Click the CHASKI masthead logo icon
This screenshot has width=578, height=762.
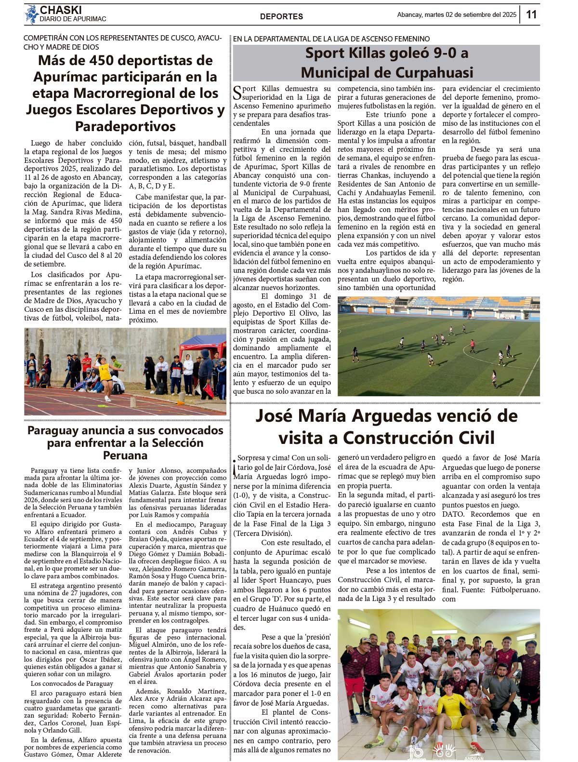(x=32, y=14)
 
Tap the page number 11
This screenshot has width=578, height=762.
(x=531, y=14)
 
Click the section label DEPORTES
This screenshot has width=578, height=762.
(x=281, y=16)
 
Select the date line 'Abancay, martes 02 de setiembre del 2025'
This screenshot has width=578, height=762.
(x=456, y=15)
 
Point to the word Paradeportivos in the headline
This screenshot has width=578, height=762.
(x=125, y=126)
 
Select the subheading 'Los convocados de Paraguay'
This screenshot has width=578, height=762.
(x=72, y=683)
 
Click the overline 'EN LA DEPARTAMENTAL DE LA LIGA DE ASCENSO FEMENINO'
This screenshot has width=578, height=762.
(x=331, y=39)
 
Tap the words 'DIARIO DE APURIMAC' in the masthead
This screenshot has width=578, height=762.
(x=73, y=19)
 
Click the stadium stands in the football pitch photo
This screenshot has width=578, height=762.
(x=438, y=303)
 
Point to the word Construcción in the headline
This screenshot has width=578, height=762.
(x=419, y=438)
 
